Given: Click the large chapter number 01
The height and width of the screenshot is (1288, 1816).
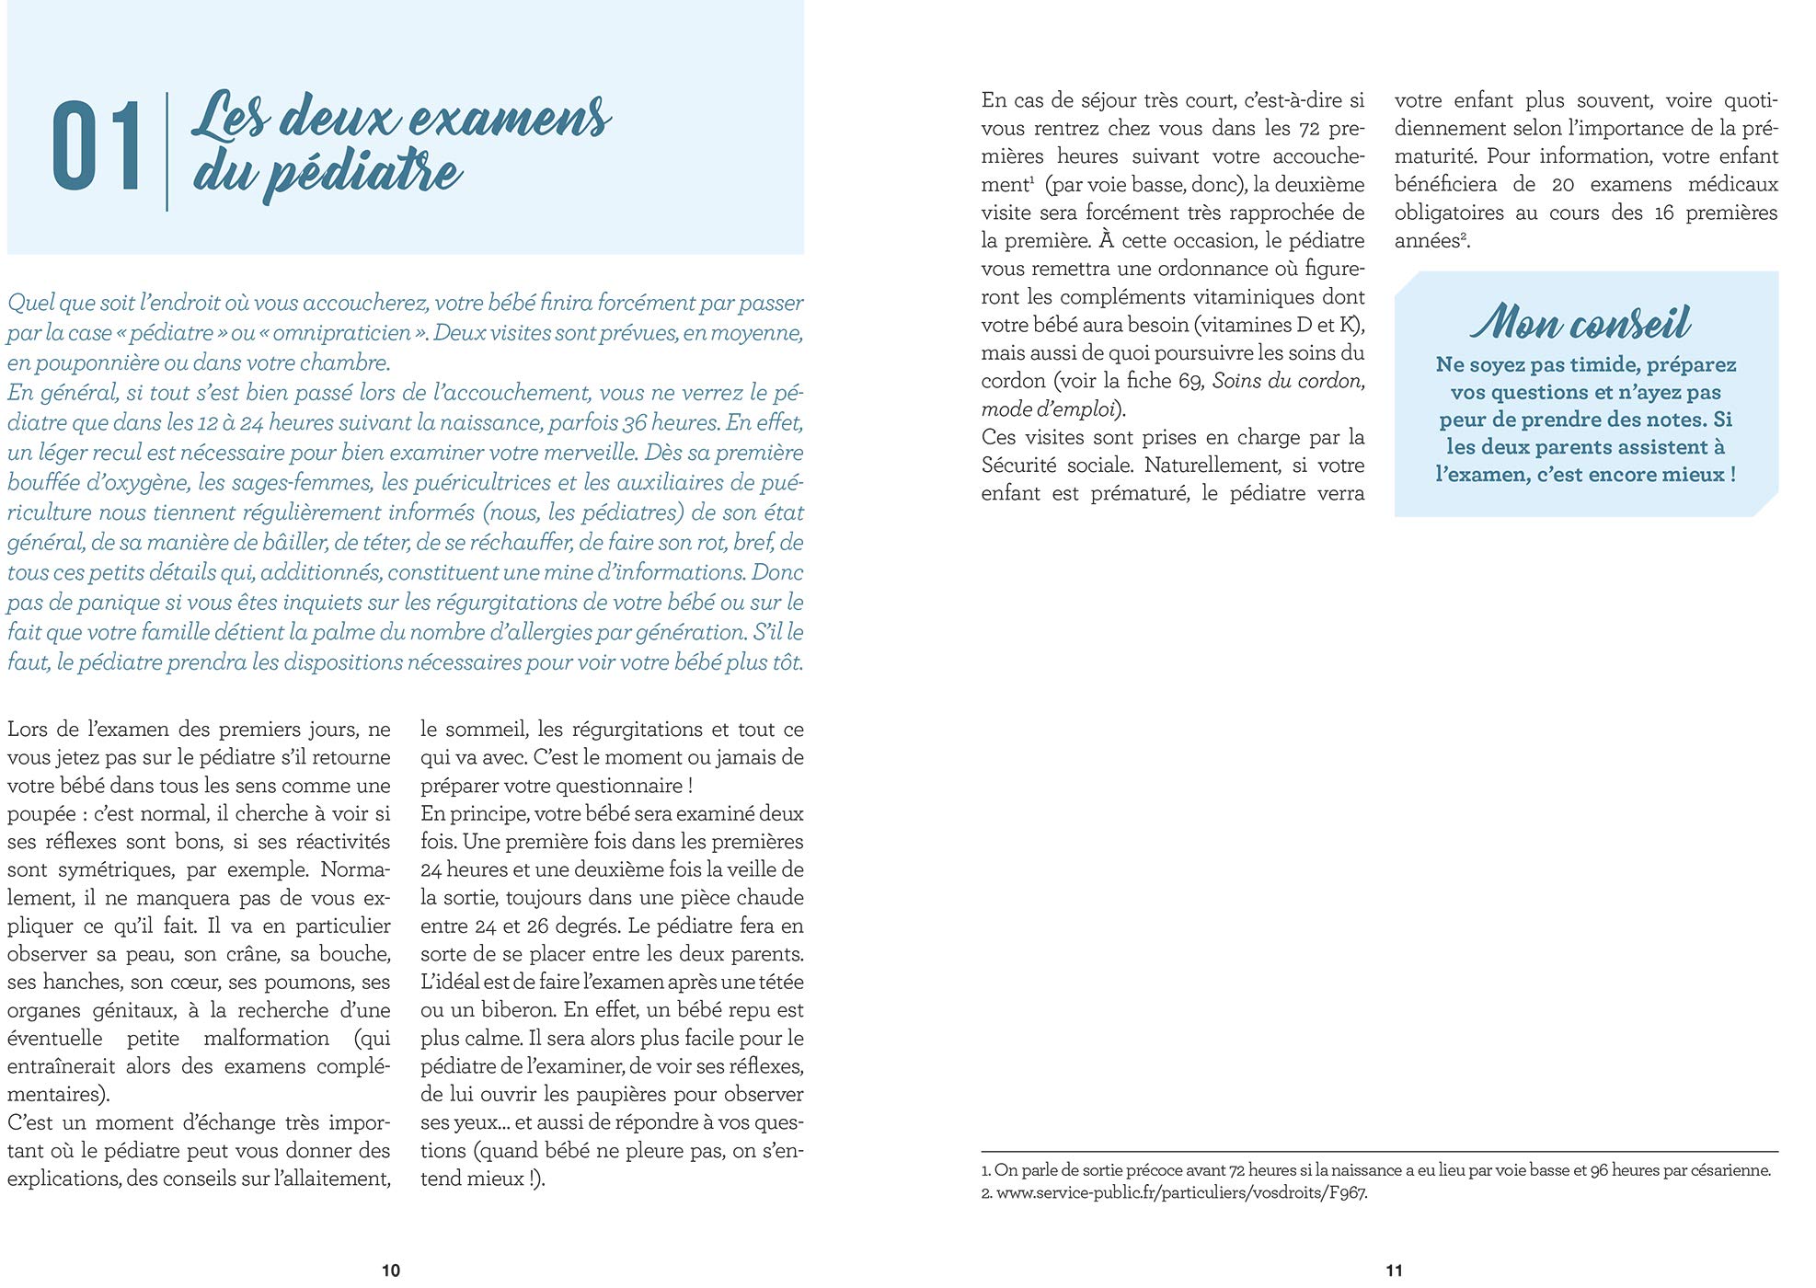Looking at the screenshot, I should tap(97, 147).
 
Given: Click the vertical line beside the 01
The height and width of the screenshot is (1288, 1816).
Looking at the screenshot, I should tap(167, 152).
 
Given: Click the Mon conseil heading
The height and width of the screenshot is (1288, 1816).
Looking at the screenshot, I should tap(1580, 322).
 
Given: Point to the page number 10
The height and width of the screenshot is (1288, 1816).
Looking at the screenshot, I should tap(390, 1271).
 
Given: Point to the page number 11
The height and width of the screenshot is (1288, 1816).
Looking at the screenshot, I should tap(1394, 1271).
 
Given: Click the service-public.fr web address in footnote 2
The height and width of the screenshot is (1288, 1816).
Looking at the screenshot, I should tap(1181, 1193).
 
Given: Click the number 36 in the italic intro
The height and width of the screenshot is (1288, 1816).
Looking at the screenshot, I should tap(635, 422).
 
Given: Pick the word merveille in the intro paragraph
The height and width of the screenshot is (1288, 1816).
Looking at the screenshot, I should tap(592, 453).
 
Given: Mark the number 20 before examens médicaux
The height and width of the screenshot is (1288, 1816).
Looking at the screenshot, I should tap(1563, 184).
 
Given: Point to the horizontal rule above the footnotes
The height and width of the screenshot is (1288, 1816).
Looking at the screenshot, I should tap(1379, 1152).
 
